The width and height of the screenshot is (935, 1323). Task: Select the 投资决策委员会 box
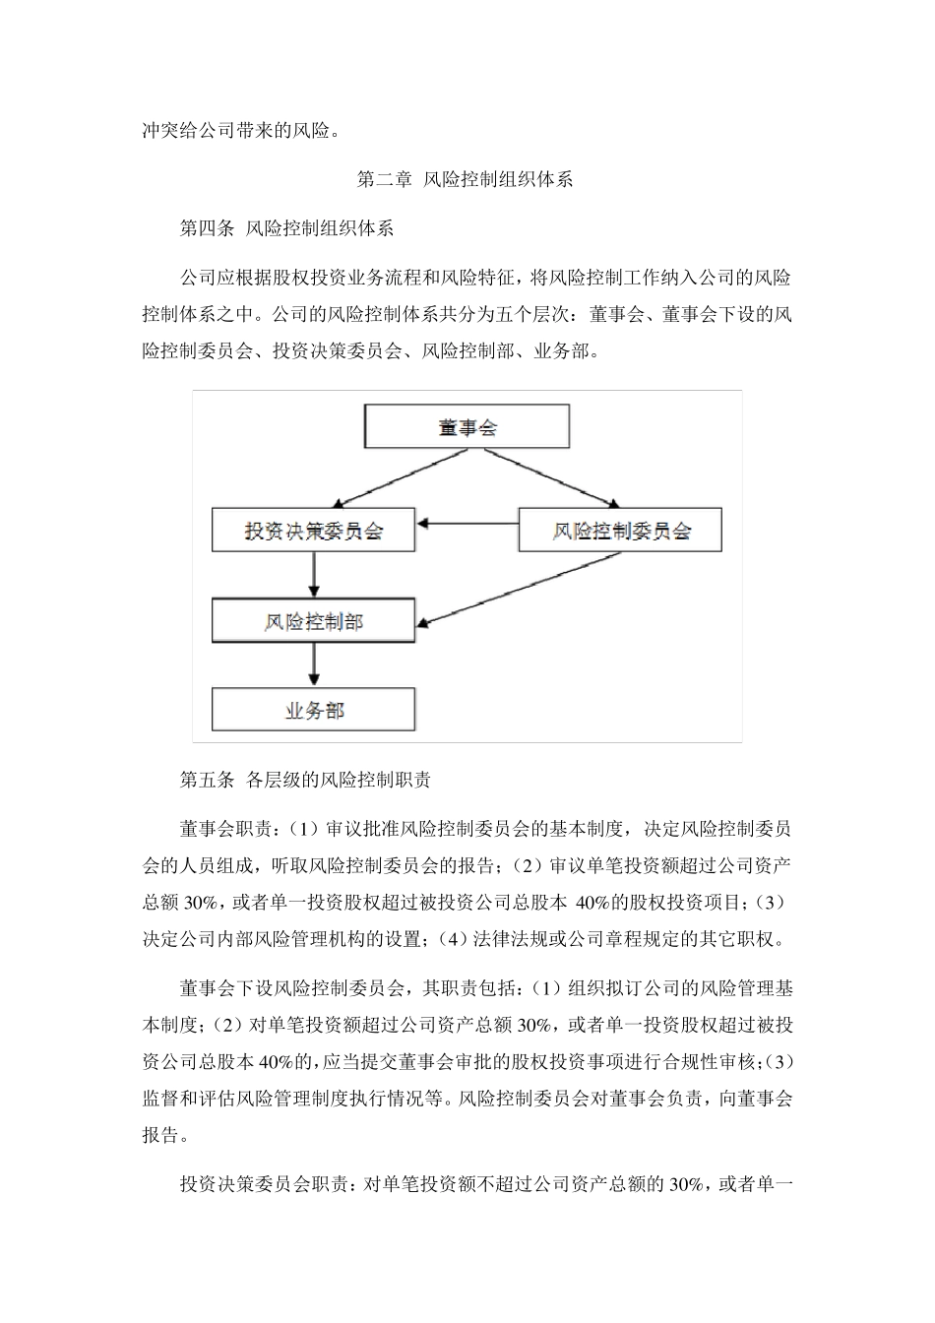(313, 532)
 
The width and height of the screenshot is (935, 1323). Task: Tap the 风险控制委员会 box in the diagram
(620, 532)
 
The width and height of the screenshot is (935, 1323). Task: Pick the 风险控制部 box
(313, 622)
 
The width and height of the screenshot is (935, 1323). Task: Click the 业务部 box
(313, 710)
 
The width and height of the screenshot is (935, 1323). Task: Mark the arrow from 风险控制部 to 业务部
(313, 666)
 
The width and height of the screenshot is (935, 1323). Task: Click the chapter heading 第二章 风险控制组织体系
(465, 180)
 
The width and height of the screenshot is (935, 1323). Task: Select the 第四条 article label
(207, 229)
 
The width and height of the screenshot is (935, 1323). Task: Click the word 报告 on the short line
(160, 1135)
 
